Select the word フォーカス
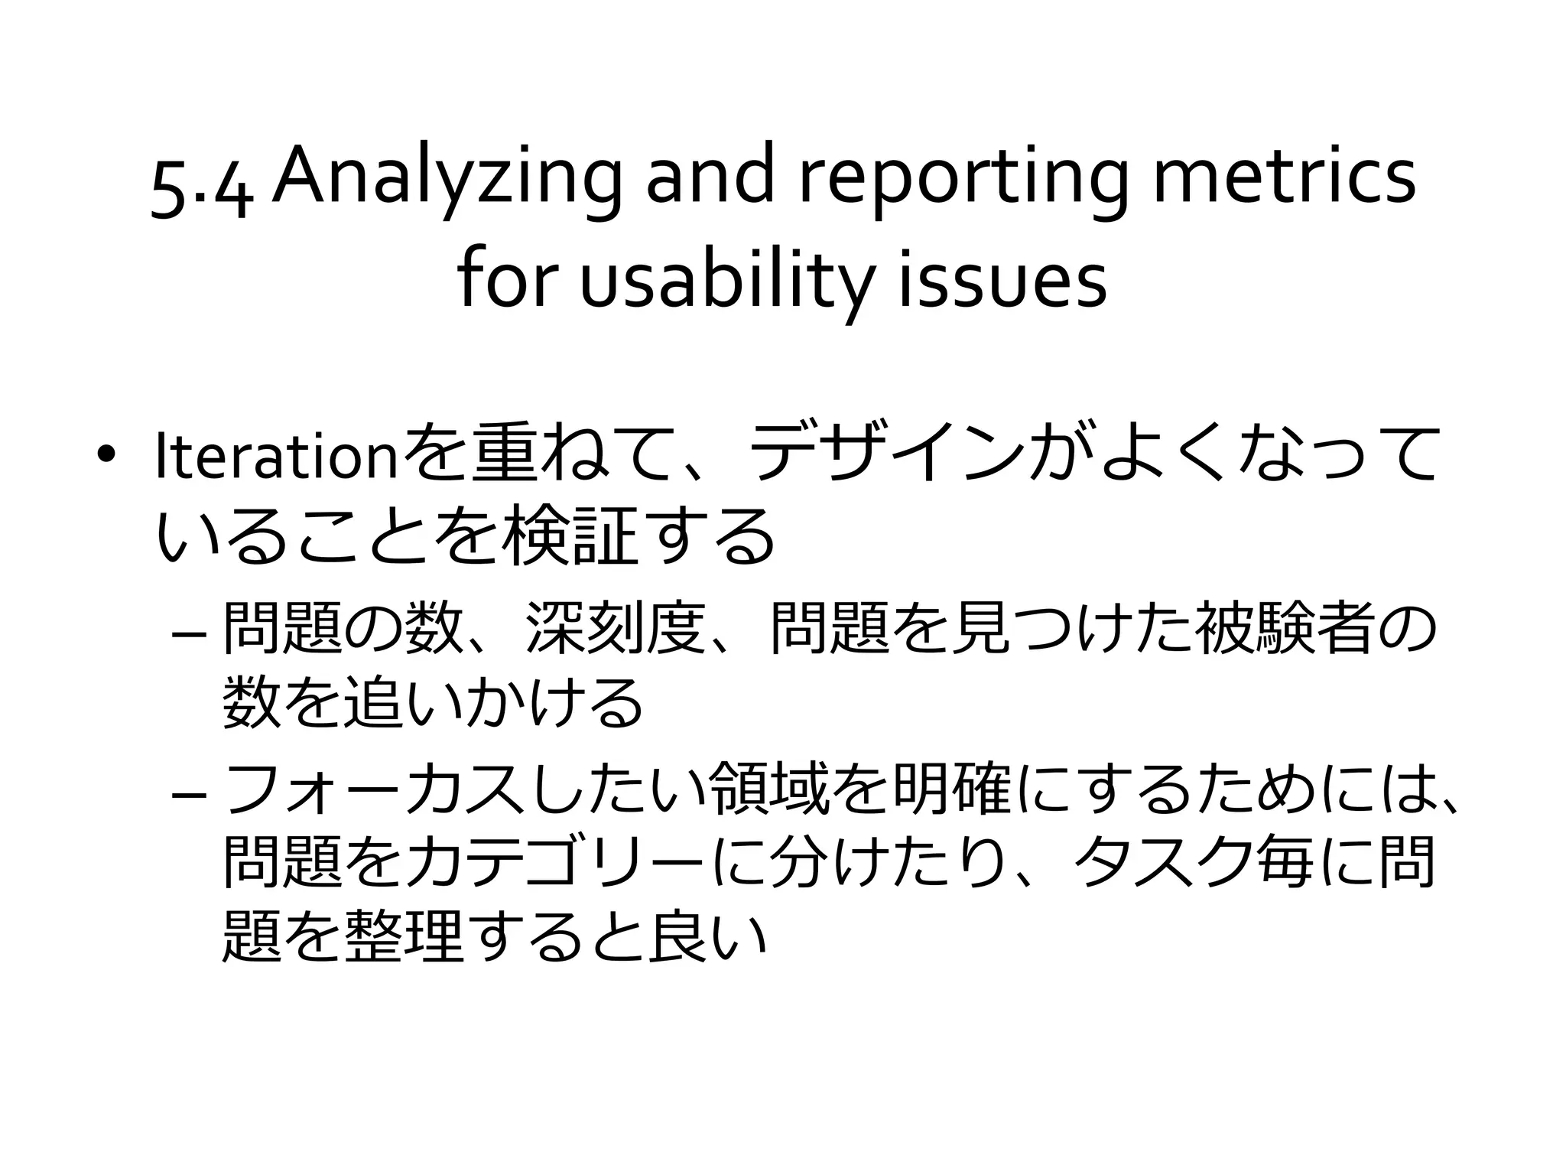pos(375,792)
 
